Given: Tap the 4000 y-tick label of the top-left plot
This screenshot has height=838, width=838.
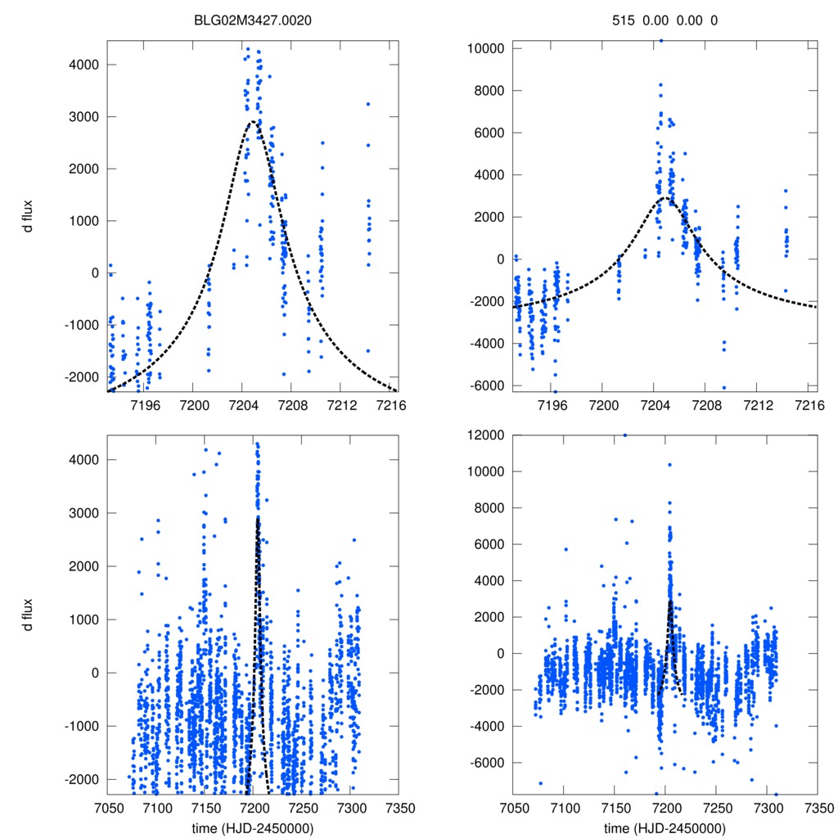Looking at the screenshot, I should (82, 65).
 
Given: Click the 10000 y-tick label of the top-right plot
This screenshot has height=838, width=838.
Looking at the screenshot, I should (484, 48).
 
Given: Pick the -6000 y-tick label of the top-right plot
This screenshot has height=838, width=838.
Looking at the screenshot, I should (487, 386).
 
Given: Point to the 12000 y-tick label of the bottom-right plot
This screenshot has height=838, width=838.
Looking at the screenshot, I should (484, 435).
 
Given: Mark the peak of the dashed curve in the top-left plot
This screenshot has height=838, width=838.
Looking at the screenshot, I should (254, 121).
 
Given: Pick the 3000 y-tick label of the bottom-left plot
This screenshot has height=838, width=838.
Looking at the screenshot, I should (82, 513).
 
